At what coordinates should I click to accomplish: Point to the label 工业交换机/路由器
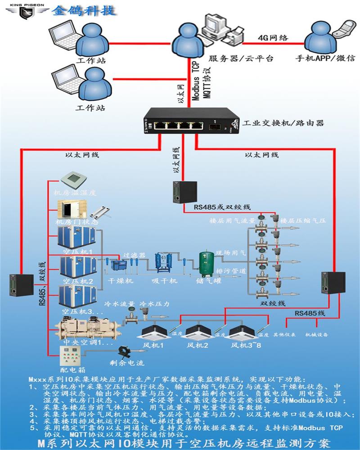tap(283, 123)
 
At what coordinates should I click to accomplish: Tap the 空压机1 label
tap(78, 252)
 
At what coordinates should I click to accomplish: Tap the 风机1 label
tap(153, 345)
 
